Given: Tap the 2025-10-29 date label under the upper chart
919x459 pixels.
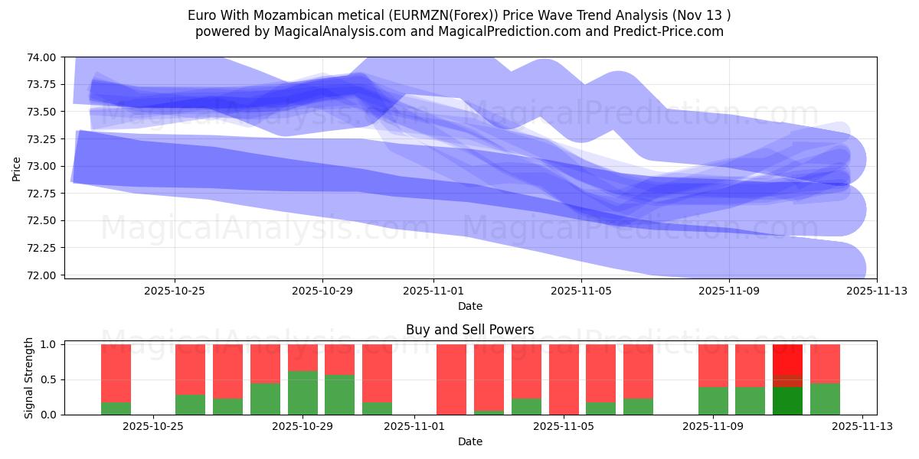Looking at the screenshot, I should pos(322,291).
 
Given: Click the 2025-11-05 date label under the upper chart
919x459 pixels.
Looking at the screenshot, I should pos(581,291).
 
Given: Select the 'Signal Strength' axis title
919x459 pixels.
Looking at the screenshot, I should pos(29,378).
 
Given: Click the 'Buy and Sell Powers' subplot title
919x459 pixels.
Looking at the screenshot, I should pos(469,330).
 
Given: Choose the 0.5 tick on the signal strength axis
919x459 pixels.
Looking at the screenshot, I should pos(47,380).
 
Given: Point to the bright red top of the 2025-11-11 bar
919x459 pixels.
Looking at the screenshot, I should pos(787,359).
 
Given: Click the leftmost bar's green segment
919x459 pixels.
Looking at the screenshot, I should pos(116,409).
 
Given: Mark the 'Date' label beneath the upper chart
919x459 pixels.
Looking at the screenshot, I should pos(469,306).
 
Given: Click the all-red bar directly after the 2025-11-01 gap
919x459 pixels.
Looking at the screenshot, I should pos(451,379).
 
